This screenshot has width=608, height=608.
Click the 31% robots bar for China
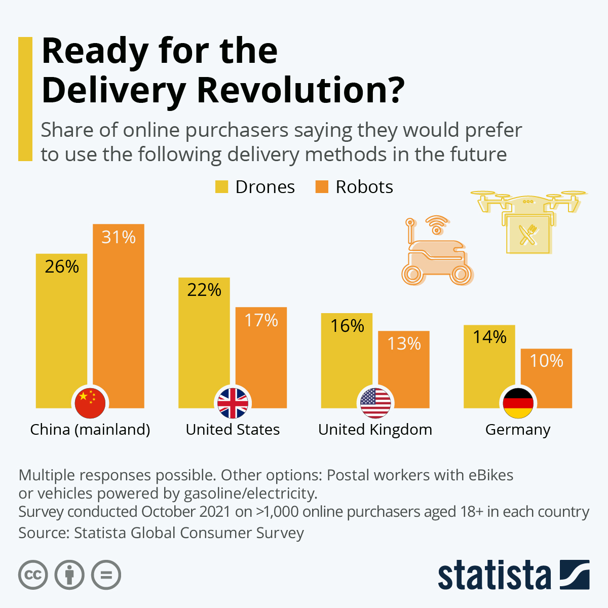click(x=119, y=314)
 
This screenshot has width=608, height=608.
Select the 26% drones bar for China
click(x=61, y=329)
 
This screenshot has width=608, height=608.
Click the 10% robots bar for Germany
click(x=546, y=377)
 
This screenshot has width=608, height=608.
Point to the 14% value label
click(x=489, y=337)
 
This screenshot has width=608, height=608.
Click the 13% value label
click(x=404, y=344)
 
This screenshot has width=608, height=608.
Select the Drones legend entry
click(x=255, y=187)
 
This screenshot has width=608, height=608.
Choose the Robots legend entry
click(x=355, y=187)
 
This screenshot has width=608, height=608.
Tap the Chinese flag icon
click(x=90, y=403)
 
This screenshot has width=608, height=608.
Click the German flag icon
click(x=518, y=403)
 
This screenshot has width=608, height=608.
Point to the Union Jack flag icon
click(x=233, y=403)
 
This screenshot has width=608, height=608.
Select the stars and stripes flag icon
click(x=375, y=403)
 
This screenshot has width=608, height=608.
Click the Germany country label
click(x=518, y=430)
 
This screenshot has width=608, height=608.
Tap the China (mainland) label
click(x=90, y=430)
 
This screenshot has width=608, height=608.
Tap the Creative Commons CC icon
click(x=33, y=575)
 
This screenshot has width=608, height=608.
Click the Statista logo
click(x=513, y=575)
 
